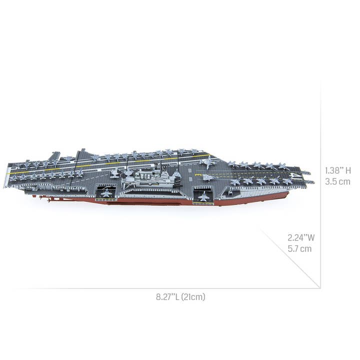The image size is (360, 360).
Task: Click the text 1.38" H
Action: click(x=337, y=170)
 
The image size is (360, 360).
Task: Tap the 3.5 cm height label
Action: click(x=337, y=181)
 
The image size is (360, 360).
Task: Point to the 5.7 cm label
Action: click(x=299, y=248)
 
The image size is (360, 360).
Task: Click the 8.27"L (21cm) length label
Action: click(x=180, y=297)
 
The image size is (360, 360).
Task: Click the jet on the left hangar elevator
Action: click(x=106, y=192)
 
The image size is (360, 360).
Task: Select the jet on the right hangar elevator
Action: click(x=203, y=196)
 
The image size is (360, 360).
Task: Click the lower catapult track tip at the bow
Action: click(x=309, y=182)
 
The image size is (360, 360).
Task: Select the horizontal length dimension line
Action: click(x=165, y=288)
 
